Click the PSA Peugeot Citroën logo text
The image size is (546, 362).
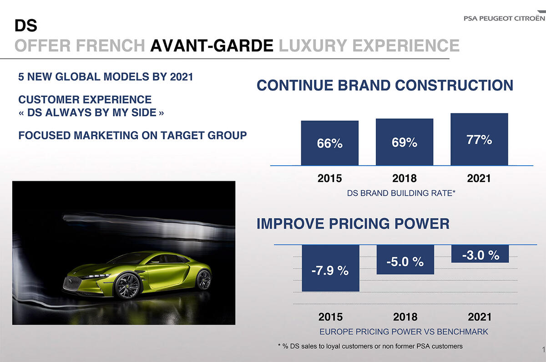(503, 18)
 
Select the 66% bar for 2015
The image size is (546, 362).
(329, 143)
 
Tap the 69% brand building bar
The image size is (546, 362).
(404, 142)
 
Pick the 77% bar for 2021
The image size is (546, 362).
(479, 139)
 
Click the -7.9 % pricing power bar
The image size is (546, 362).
(330, 268)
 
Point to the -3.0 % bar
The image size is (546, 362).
(480, 254)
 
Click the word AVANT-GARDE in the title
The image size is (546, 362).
(212, 46)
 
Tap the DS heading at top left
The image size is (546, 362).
(26, 25)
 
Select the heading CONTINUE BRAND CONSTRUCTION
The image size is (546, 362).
(385, 85)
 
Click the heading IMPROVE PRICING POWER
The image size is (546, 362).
(353, 224)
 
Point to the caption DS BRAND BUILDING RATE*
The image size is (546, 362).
(401, 193)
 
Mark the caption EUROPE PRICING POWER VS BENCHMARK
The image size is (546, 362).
(404, 331)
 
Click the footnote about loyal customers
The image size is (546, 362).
(370, 347)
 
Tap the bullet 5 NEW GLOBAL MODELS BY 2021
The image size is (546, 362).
(106, 76)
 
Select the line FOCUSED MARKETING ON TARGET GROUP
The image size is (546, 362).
(132, 135)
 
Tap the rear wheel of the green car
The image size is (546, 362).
(203, 279)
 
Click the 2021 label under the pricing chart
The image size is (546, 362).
(480, 316)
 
